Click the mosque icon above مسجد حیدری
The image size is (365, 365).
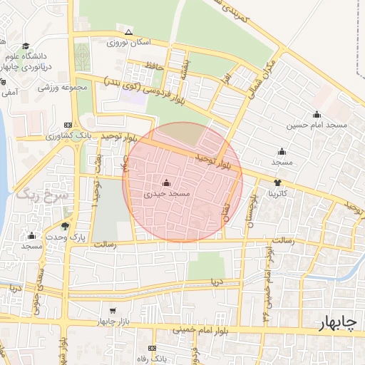167,182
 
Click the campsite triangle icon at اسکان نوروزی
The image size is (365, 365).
128,32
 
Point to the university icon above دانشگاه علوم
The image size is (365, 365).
26,46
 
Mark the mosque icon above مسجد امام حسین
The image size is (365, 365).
317,114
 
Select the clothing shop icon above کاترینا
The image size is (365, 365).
287,182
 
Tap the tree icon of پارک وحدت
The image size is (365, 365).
66,226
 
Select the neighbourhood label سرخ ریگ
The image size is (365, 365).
41,194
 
